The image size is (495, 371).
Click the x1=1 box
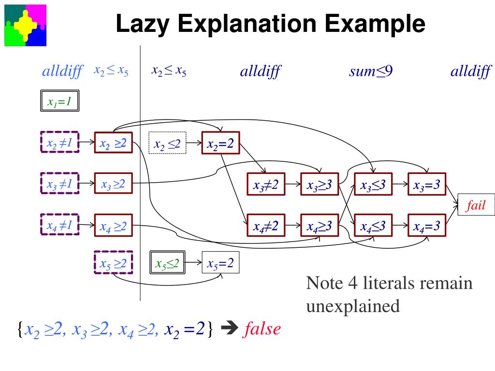coord(59,102)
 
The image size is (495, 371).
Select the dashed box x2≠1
coord(59,143)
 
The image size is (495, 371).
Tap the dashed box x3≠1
coord(59,184)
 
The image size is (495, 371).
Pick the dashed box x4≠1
coord(59,225)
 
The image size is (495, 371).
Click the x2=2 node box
coord(220,143)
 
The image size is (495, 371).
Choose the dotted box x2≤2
coord(167,143)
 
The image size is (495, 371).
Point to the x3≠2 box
coord(265,184)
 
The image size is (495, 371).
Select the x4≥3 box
coord(319,225)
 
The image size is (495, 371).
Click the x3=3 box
coord(426,184)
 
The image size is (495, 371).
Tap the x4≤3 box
coord(373,225)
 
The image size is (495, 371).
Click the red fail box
coord(476,205)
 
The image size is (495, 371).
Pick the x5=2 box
coord(220,263)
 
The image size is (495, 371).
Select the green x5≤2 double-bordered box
coord(167,263)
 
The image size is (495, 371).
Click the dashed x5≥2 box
coord(113,263)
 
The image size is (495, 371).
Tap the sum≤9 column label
coord(371,72)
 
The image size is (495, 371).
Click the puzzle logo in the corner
coord(25,25)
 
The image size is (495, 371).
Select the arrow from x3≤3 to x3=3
coord(400,184)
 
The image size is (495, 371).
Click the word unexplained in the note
coord(353,306)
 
